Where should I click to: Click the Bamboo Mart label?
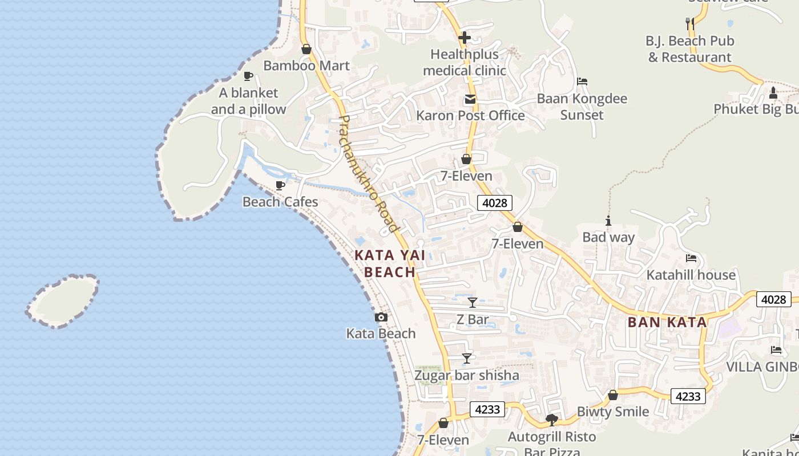[306, 66]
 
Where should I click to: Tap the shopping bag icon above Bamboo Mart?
[306, 49]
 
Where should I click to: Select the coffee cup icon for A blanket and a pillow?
[248, 76]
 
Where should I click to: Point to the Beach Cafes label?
[280, 202]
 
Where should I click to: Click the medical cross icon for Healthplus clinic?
[465, 38]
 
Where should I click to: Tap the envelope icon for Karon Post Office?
[470, 99]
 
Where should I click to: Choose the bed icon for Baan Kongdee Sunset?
[582, 82]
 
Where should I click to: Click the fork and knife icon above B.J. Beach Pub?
[690, 23]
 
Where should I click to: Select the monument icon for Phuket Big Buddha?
[773, 92]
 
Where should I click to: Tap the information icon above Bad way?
[608, 221]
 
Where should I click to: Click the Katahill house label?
[691, 275]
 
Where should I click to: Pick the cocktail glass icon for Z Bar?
[473, 302]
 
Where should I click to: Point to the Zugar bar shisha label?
[467, 375]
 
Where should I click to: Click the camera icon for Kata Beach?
[381, 317]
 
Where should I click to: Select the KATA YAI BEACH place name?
[390, 263]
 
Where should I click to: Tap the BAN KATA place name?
[667, 322]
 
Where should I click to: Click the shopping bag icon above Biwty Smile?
[613, 395]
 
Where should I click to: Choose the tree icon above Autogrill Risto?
[552, 420]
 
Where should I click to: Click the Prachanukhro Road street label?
[368, 174]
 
